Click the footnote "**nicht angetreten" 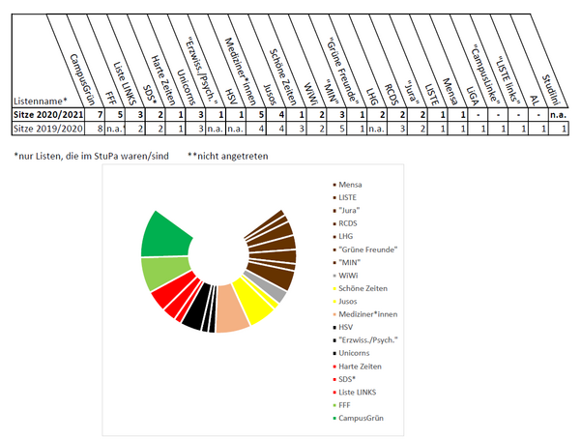[x=229, y=156]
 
